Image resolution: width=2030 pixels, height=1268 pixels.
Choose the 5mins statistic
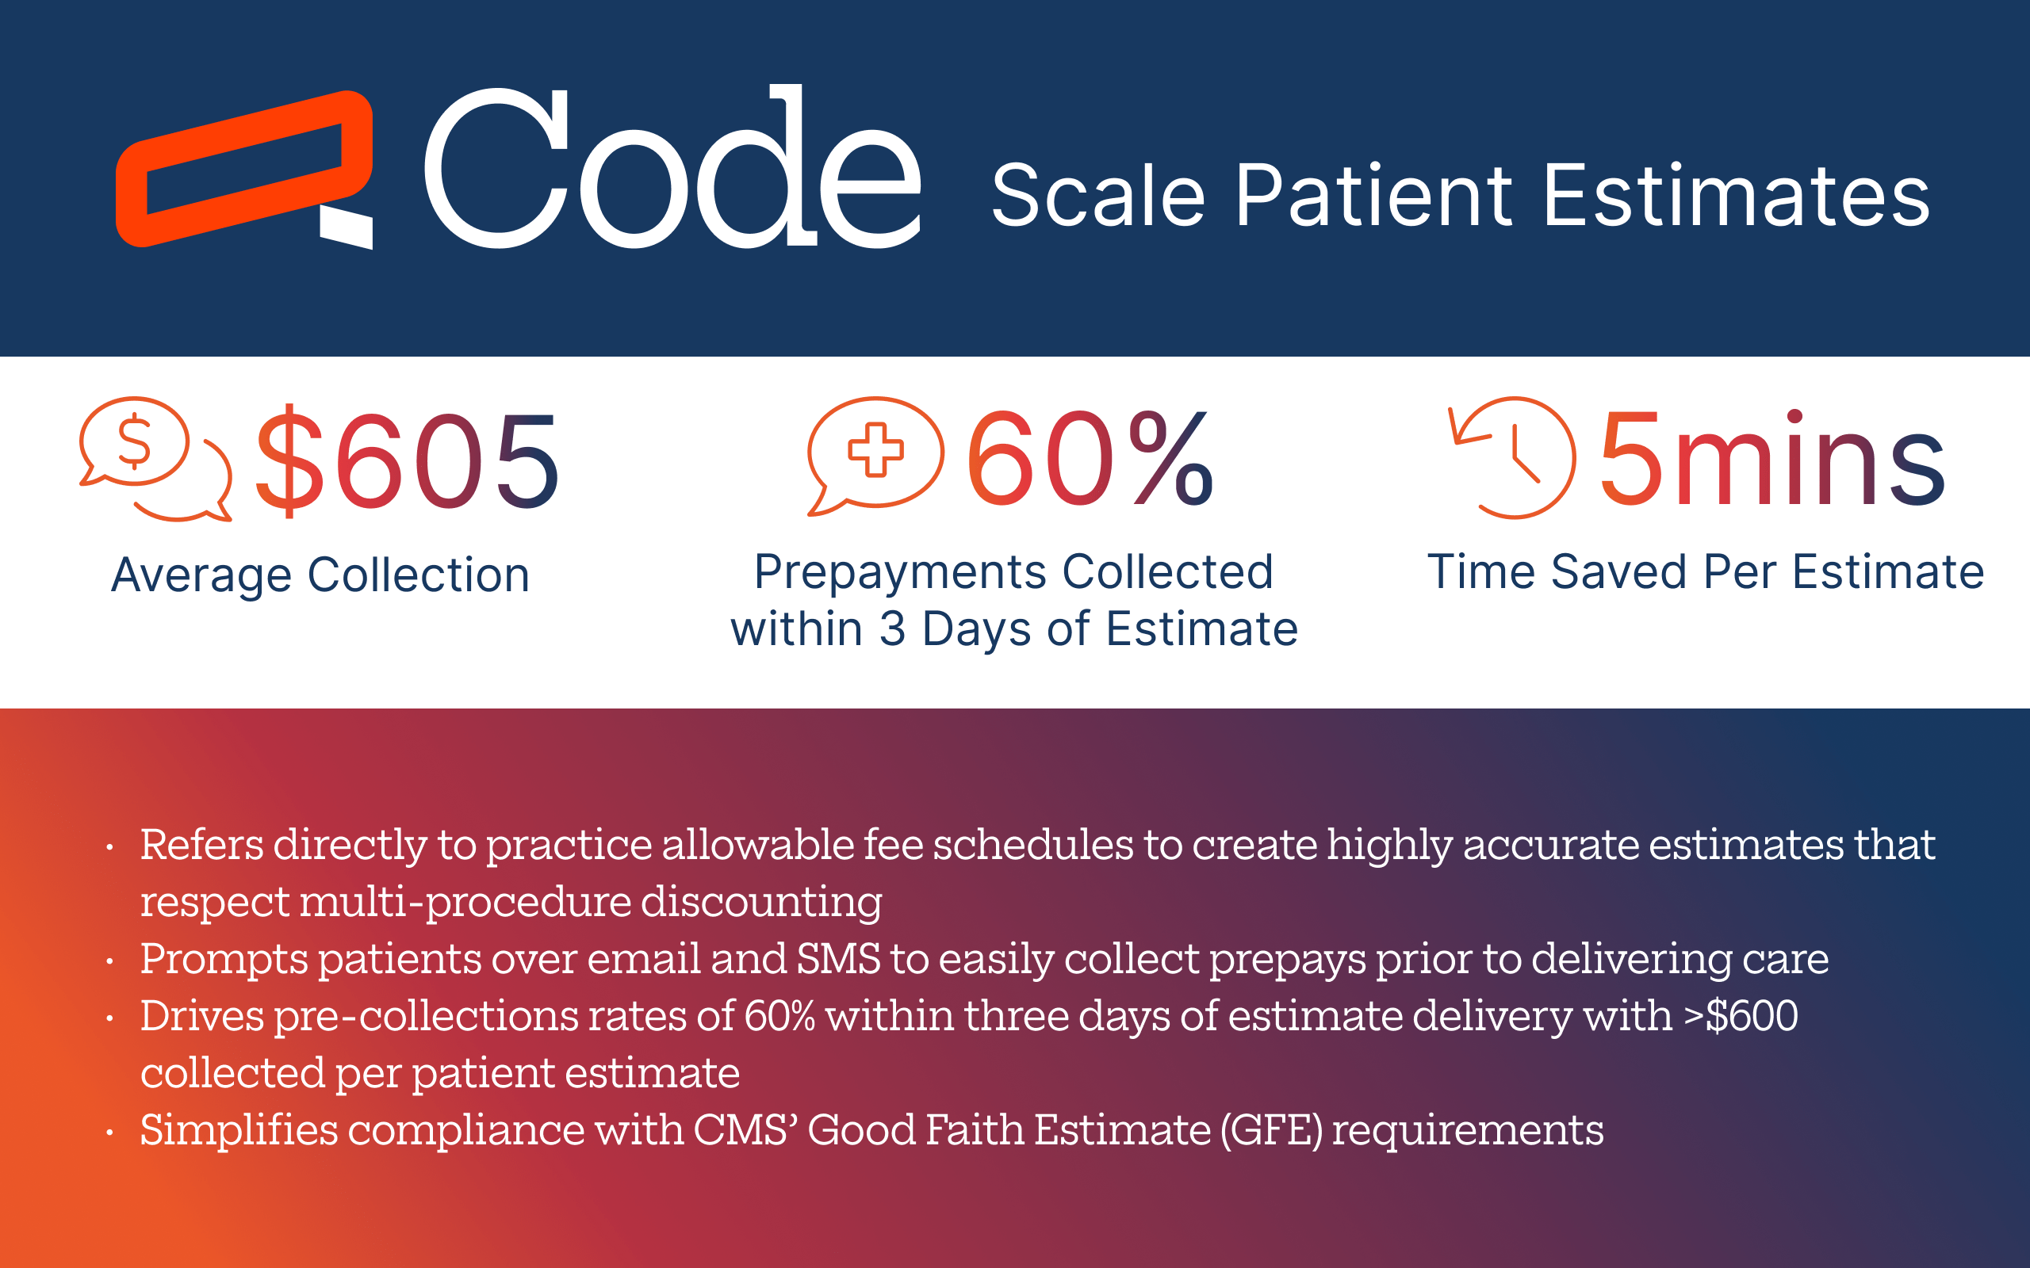pyautogui.click(x=1771, y=459)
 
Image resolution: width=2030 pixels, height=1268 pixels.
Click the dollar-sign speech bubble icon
pyautogui.click(x=155, y=459)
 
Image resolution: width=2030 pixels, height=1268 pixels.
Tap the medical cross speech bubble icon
pyautogui.click(x=875, y=455)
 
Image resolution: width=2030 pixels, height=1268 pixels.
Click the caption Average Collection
pyautogui.click(x=320, y=575)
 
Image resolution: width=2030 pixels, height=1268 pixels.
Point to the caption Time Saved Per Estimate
pyautogui.click(x=1706, y=572)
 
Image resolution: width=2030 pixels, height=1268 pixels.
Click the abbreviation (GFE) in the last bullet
pyautogui.click(x=1271, y=1129)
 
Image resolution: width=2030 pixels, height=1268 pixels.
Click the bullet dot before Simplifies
pyautogui.click(x=110, y=1133)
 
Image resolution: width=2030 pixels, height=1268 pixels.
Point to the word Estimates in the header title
pyautogui.click(x=1737, y=196)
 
